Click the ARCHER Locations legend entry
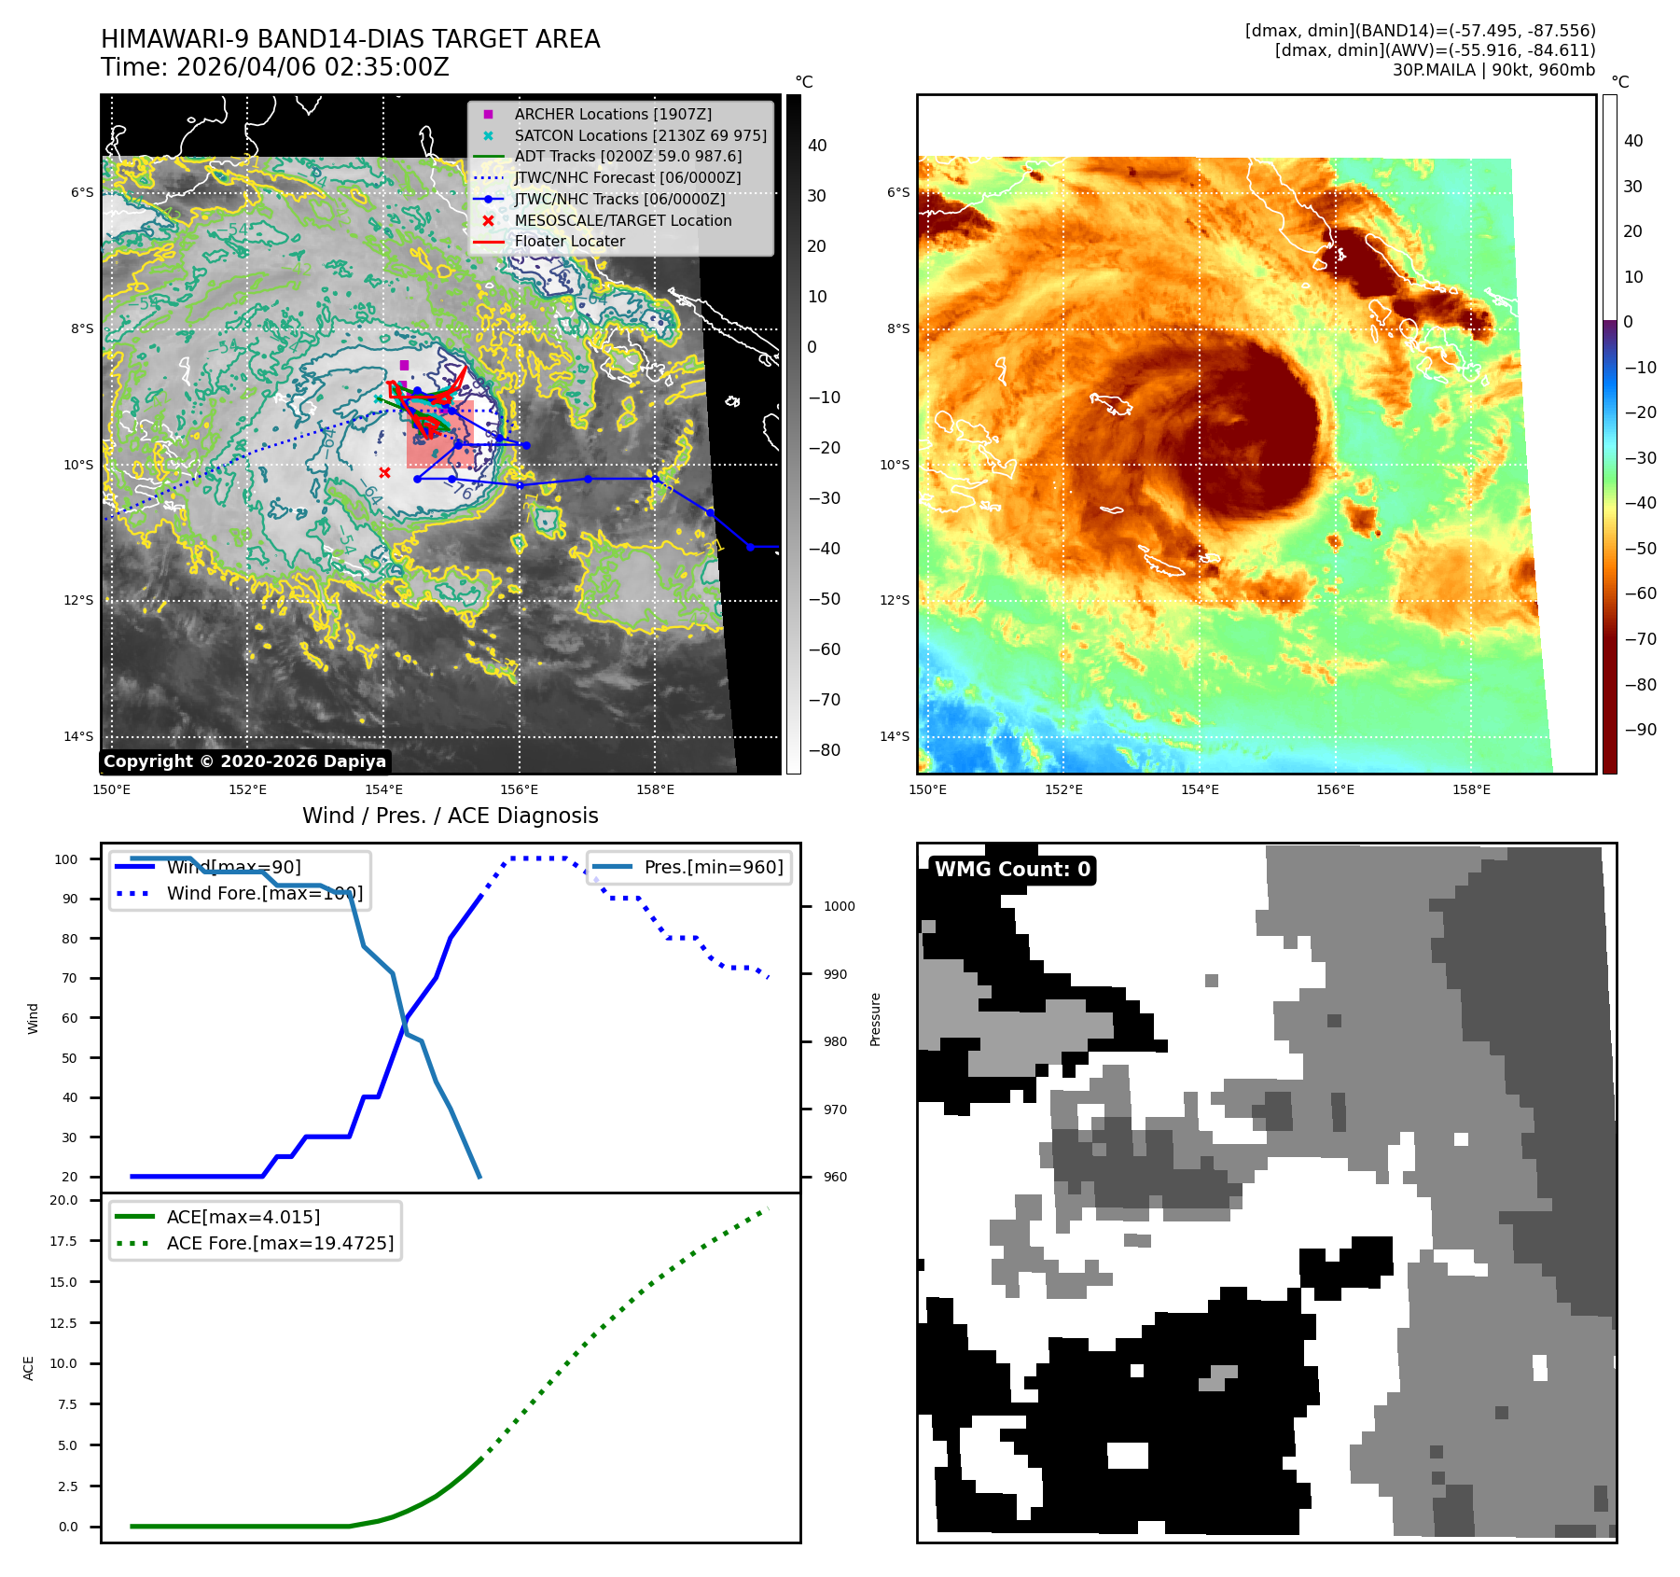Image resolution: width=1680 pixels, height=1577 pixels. tap(612, 114)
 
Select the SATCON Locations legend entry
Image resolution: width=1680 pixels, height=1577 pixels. tap(640, 135)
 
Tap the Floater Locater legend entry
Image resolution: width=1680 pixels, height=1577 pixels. tap(569, 241)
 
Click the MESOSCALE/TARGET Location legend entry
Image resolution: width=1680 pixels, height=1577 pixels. tap(622, 220)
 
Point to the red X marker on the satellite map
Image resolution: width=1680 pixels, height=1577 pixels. tap(384, 472)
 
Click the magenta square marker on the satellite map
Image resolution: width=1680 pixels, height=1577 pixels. tap(404, 365)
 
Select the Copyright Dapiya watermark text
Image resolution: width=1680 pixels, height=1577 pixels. tap(244, 761)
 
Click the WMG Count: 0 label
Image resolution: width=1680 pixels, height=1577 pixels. tap(1012, 870)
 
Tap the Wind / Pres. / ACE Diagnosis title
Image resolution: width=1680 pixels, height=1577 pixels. tap(450, 816)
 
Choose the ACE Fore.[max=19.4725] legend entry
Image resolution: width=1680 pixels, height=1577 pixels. tap(280, 1243)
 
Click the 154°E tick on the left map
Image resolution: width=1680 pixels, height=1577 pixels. tap(383, 789)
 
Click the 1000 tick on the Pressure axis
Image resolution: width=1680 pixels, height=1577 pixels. tap(839, 906)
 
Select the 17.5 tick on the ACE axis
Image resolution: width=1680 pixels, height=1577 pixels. tap(64, 1241)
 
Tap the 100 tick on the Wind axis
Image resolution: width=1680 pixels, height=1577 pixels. tap(66, 859)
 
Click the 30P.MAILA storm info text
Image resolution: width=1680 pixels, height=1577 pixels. tap(1493, 70)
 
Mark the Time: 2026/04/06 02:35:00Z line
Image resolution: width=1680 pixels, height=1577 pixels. tap(275, 67)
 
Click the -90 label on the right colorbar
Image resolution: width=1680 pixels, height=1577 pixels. tap(1640, 730)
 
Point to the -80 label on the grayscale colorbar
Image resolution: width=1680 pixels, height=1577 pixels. tap(824, 750)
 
